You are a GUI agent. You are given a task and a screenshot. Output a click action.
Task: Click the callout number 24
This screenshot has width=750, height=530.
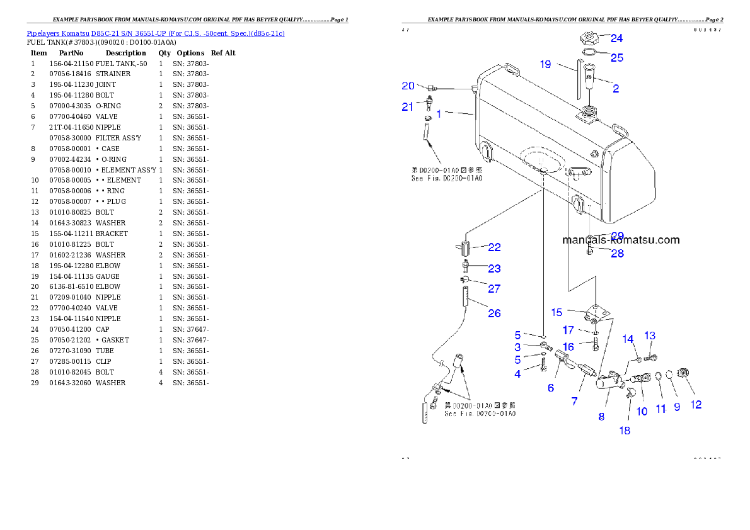[x=616, y=38]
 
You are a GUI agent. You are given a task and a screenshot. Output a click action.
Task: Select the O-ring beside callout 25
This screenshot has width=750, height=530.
[x=590, y=52]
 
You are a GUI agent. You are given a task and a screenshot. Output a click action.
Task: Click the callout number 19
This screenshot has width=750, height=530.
[x=546, y=64]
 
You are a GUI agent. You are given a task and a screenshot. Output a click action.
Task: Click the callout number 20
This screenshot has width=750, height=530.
[x=408, y=86]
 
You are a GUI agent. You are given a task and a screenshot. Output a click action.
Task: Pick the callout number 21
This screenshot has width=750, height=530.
[x=408, y=107]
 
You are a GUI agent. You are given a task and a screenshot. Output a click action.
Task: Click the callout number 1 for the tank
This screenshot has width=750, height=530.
[x=439, y=115]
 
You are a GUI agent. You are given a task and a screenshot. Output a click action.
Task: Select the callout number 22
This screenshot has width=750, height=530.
[x=494, y=247]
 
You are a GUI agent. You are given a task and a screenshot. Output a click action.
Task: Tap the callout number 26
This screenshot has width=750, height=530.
[x=494, y=313]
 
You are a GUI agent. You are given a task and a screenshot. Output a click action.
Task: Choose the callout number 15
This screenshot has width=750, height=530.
[x=557, y=312]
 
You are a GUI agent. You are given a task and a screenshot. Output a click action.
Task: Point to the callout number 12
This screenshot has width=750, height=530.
[x=696, y=405]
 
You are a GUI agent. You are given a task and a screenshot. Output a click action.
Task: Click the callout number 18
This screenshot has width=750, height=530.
[x=625, y=431]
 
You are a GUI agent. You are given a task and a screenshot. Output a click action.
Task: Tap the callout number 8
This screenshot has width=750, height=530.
[x=601, y=416]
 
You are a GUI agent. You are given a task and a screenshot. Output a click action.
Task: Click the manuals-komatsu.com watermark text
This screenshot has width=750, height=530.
[x=621, y=240]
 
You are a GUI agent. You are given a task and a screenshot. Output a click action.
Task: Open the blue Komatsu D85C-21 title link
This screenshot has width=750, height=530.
[x=155, y=33]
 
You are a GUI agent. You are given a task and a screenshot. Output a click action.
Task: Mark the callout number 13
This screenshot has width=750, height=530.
[x=650, y=335]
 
